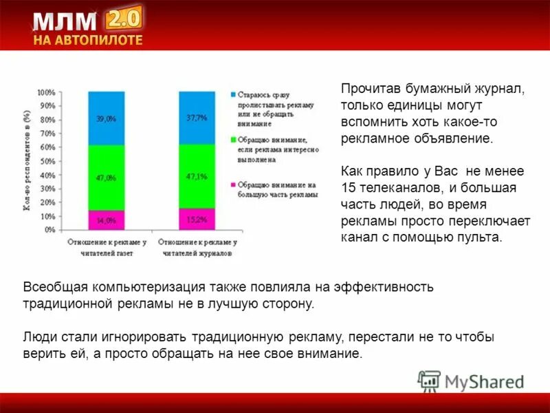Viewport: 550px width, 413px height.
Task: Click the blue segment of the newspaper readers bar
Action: pyautogui.click(x=106, y=118)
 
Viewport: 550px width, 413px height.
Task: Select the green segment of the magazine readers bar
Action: pyautogui.click(x=197, y=176)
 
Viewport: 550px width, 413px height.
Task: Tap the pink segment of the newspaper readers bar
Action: pyautogui.click(x=106, y=220)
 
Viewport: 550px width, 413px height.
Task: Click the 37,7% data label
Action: pyautogui.click(x=197, y=118)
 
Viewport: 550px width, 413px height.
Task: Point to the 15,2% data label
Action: pyautogui.click(x=197, y=220)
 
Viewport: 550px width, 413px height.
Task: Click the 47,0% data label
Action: pyautogui.click(x=106, y=178)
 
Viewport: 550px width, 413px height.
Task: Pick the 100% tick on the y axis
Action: pyautogui.click(x=47, y=92)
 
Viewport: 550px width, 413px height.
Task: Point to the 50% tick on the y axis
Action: pyautogui.click(x=48, y=161)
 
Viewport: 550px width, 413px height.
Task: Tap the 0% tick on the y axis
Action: pyautogui.click(x=50, y=230)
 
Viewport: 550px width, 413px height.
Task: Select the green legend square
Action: pyautogui.click(x=233, y=139)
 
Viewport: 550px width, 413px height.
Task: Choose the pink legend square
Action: pyautogui.click(x=233, y=184)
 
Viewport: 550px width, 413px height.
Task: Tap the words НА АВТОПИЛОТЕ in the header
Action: pyautogui.click(x=88, y=40)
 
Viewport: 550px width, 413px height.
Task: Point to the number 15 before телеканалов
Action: pyautogui.click(x=349, y=188)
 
